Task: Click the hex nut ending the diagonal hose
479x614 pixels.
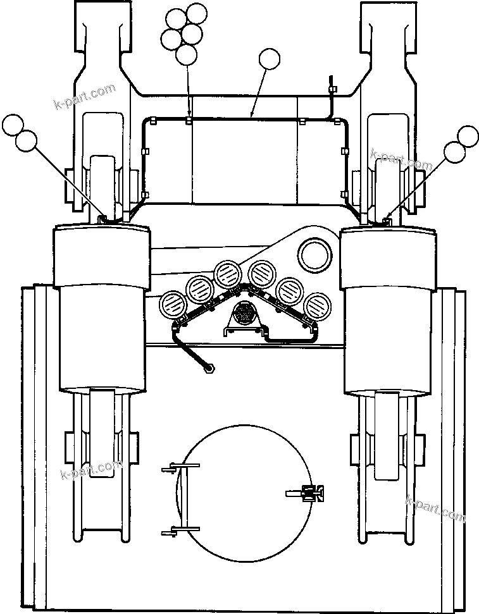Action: tap(208, 367)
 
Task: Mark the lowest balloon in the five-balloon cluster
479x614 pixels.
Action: tap(186, 55)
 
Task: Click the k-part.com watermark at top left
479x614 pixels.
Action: tap(85, 95)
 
